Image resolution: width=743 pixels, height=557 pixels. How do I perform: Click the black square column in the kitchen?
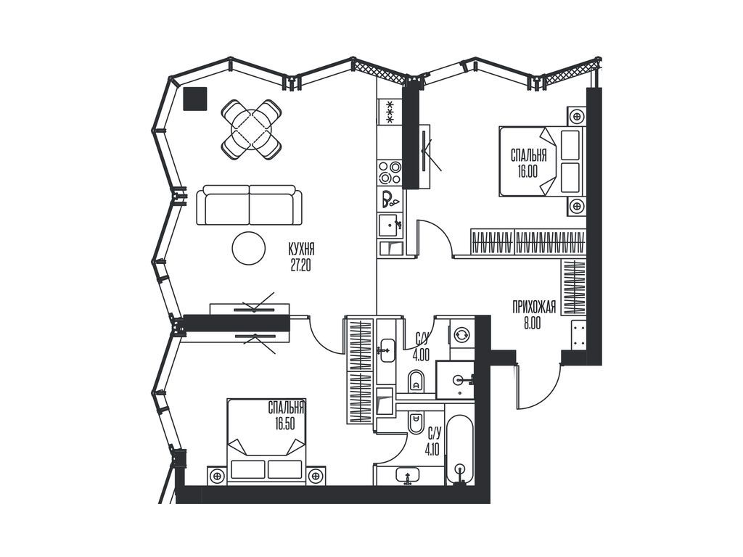(194, 99)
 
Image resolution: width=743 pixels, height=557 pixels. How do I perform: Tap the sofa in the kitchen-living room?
(249, 205)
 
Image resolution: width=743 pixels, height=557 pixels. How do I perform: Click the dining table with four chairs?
(251, 129)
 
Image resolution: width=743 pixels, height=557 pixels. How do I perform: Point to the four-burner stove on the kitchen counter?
(390, 173)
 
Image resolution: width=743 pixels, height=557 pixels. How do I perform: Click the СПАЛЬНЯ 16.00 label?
(528, 163)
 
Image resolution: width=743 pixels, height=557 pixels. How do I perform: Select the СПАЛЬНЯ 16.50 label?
(285, 415)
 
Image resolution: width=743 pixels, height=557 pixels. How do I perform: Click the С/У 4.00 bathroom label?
(422, 346)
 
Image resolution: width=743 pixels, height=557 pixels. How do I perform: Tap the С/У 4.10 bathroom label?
(434, 440)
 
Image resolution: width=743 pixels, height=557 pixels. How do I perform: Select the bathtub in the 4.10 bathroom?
(459, 449)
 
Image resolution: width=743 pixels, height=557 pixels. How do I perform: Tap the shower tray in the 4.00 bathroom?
(455, 379)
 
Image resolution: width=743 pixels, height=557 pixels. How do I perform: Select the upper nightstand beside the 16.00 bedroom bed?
(577, 116)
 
